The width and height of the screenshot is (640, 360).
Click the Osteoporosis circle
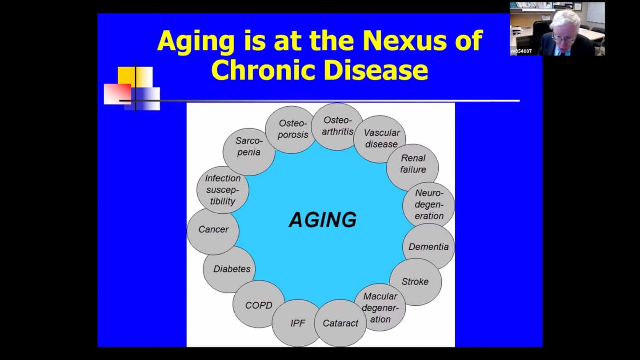click(x=291, y=130)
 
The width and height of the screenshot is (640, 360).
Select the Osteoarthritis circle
click(x=337, y=127)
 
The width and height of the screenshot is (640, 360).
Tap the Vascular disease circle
click(x=380, y=139)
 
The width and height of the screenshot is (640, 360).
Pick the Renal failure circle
click(x=412, y=168)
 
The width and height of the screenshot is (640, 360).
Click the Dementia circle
click(x=428, y=247)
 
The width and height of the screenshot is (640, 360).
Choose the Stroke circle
click(x=416, y=282)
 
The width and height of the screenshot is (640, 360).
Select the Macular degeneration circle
click(x=380, y=307)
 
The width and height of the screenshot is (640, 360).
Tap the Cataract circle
click(x=340, y=323)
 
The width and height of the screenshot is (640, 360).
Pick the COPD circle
click(x=259, y=304)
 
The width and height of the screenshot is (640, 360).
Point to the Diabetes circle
click(x=229, y=269)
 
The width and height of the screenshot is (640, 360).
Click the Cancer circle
click(x=213, y=231)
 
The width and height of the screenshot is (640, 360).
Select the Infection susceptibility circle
click(x=223, y=190)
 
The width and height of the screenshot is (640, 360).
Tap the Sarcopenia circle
click(x=249, y=152)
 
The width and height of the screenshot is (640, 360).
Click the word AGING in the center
click(x=323, y=220)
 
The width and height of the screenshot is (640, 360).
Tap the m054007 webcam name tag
click(x=521, y=52)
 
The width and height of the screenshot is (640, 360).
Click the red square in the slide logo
click(x=117, y=94)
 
